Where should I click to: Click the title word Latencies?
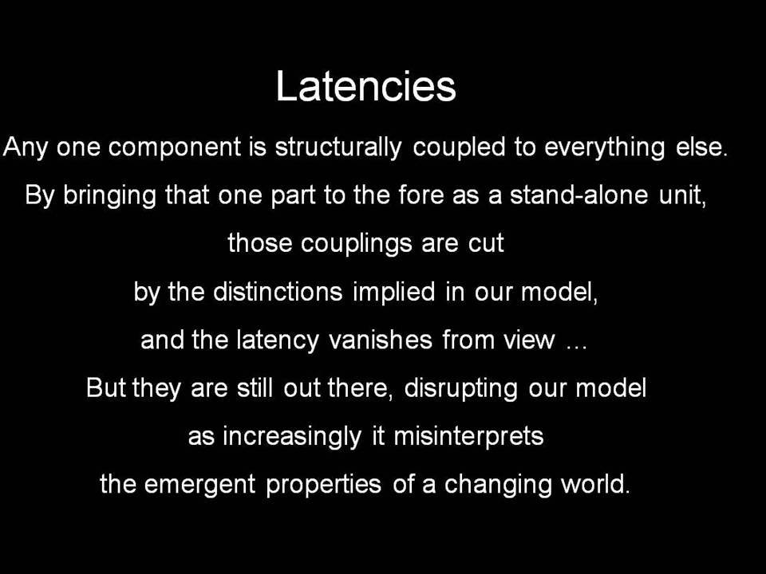[366, 86]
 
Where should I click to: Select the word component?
[175, 147]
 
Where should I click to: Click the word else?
[701, 147]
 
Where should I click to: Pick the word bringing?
[109, 196]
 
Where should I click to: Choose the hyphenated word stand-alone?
[579, 195]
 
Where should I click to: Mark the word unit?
[682, 196]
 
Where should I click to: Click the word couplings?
[356, 244]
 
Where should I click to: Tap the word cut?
[486, 244]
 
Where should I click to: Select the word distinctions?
[278, 292]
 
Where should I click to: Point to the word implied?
[393, 293]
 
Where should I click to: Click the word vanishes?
[381, 340]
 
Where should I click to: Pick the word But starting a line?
[106, 388]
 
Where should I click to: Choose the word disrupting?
[460, 389]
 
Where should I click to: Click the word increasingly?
[292, 437]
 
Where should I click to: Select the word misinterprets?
[468, 436]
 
